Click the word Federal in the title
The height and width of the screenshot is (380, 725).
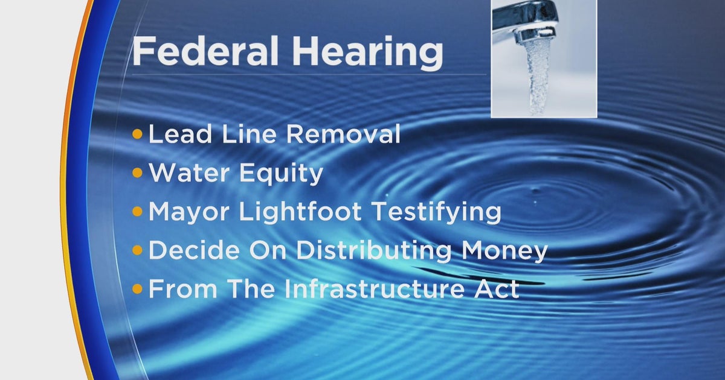[205, 51]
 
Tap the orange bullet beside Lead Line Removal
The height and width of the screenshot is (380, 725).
[138, 134]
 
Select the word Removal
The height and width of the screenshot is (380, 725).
[344, 134]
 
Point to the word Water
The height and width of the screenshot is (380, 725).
[189, 173]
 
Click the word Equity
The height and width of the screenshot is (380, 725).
[282, 174]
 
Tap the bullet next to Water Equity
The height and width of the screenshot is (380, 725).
[138, 173]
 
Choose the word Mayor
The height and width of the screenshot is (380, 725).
[189, 212]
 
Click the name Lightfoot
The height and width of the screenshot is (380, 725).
[300, 212]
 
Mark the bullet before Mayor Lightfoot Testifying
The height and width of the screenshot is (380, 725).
[138, 212]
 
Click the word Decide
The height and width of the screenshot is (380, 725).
[194, 250]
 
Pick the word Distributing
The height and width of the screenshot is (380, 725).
[374, 251]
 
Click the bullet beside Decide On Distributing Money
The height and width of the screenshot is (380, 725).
[138, 250]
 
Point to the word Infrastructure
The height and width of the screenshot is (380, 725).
[374, 288]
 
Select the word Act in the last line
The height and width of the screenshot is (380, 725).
[497, 288]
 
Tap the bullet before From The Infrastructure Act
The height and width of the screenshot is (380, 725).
[138, 288]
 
